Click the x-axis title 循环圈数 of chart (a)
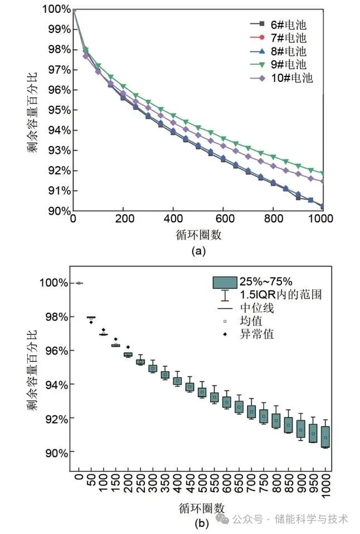pyautogui.click(x=200, y=234)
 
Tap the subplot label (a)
pyautogui.click(x=199, y=251)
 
